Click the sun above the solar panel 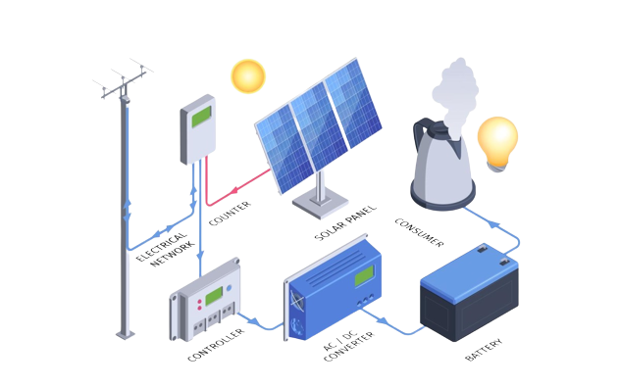(x=247, y=76)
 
